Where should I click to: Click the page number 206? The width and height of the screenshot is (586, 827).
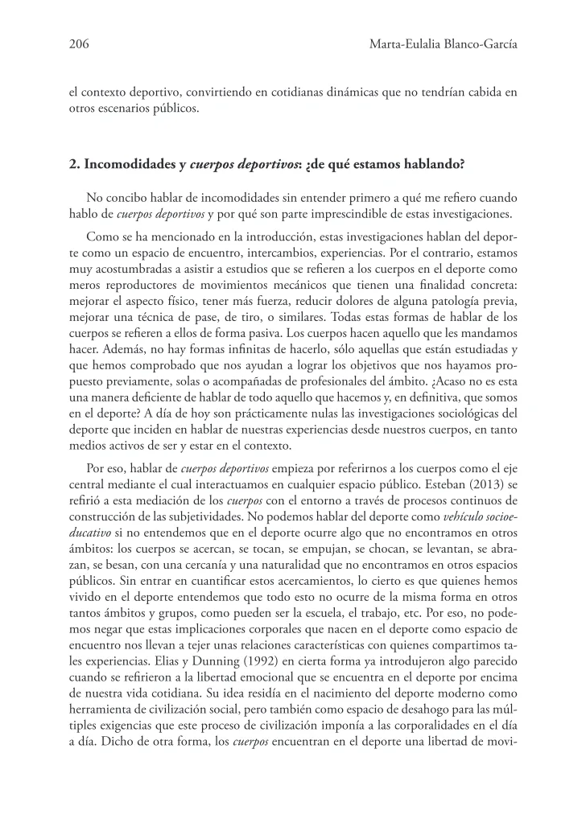[x=79, y=46]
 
